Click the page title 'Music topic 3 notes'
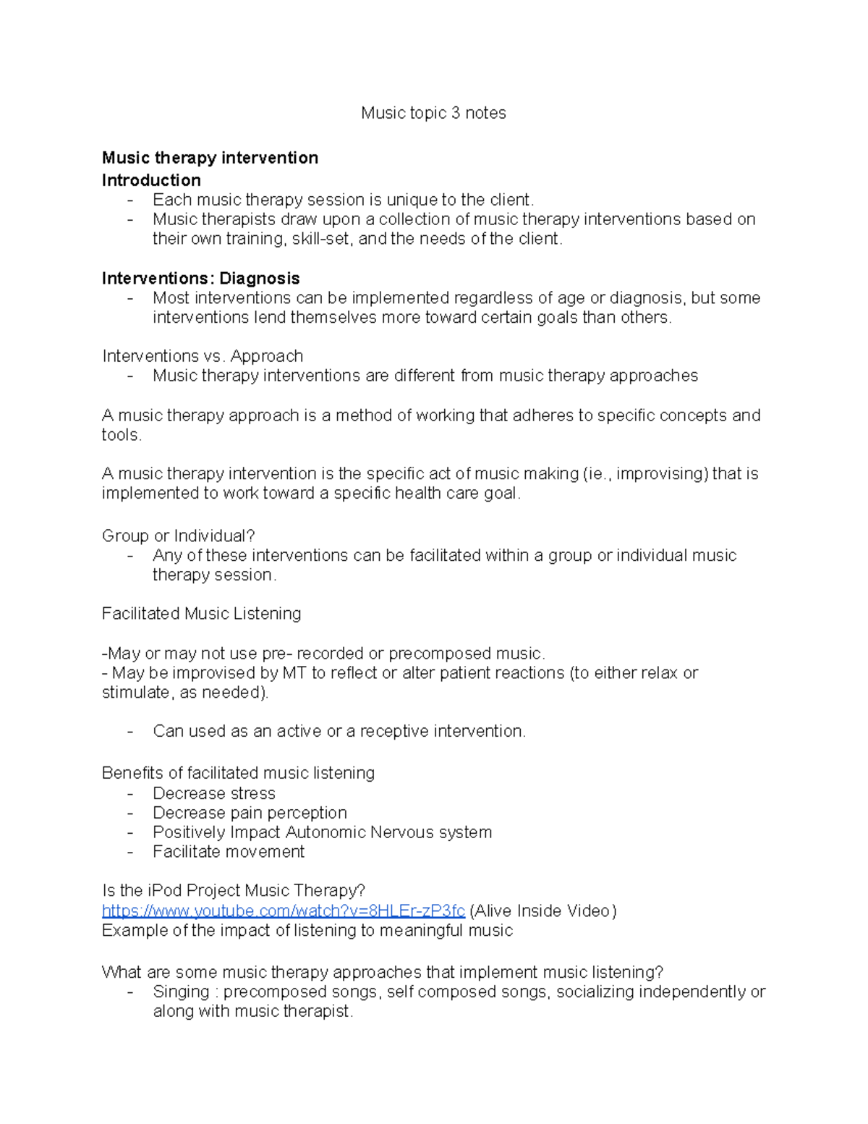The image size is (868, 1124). (433, 113)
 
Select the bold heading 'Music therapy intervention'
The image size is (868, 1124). (210, 158)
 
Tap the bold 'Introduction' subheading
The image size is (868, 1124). (151, 180)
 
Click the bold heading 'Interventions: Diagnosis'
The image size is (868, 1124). (200, 279)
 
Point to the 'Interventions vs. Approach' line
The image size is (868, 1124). (203, 356)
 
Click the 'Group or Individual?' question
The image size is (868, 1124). (178, 536)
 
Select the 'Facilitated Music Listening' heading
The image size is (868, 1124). (201, 614)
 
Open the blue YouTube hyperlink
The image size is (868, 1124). (283, 910)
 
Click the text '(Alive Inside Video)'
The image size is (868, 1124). (542, 910)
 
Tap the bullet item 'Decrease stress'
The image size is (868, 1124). (213, 793)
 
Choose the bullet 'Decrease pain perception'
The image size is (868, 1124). (250, 813)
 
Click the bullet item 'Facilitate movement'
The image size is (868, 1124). (228, 852)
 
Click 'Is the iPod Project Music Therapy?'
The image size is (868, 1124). (234, 890)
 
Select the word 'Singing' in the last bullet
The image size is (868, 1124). (181, 992)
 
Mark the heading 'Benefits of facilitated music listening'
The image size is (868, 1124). (238, 773)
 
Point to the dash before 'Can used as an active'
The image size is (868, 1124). (130, 732)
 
